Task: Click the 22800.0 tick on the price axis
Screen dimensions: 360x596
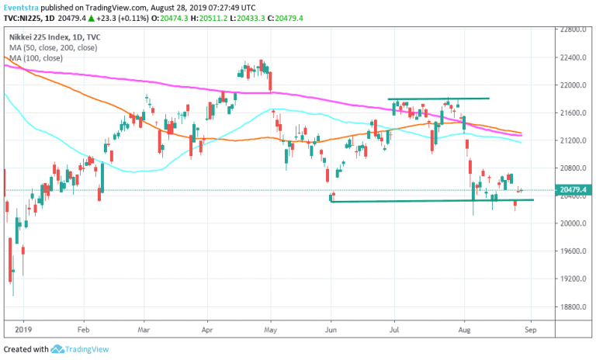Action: tap(576, 29)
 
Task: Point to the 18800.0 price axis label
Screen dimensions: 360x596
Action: tap(576, 306)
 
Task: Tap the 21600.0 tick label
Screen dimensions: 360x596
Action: tap(576, 112)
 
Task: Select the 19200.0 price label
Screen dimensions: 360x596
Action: tap(576, 279)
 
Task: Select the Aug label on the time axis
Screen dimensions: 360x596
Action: tap(464, 327)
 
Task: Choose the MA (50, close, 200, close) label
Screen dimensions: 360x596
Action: tap(54, 47)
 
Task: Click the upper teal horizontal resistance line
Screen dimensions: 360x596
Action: tap(438, 99)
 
